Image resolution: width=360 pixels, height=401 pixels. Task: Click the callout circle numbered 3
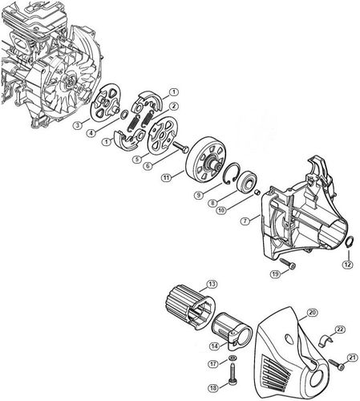(77, 125)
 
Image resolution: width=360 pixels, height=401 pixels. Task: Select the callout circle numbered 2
(173, 106)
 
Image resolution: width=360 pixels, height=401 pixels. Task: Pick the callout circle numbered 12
(347, 263)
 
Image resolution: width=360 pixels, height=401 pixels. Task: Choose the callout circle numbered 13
(212, 284)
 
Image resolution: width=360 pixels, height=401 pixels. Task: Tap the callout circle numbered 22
(340, 330)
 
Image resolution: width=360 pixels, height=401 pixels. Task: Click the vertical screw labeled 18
(232, 372)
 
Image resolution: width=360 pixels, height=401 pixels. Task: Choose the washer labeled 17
(232, 357)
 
